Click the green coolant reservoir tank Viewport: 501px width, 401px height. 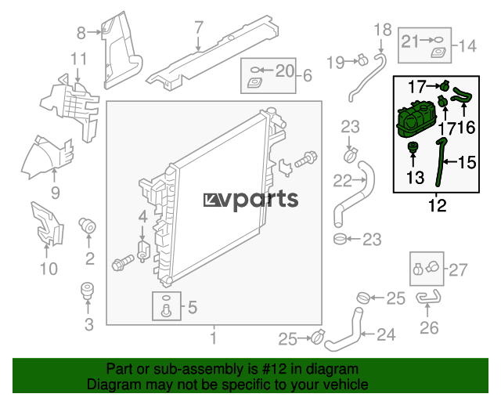pyautogui.click(x=416, y=119)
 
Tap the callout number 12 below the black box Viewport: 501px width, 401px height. pyautogui.click(x=437, y=205)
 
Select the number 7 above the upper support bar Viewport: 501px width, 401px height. pyautogui.click(x=199, y=27)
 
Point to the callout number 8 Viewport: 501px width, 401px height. pyautogui.click(x=81, y=33)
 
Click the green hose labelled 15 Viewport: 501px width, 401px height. pyautogui.click(x=440, y=162)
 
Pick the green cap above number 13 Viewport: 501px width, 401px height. pyautogui.click(x=413, y=148)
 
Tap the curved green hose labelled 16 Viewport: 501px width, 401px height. pyautogui.click(x=462, y=96)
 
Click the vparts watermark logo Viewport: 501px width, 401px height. pyautogui.click(x=250, y=200)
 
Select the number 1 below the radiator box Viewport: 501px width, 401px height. pyautogui.click(x=214, y=338)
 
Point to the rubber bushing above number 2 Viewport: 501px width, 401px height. pyautogui.click(x=87, y=226)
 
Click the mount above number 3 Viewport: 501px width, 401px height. pyautogui.click(x=87, y=291)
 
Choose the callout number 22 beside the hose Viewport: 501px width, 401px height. pyautogui.click(x=342, y=181)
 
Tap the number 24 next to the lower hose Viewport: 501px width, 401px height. pyautogui.click(x=386, y=334)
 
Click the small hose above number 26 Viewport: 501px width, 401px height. pyautogui.click(x=428, y=297)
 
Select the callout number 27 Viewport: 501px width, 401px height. pyautogui.click(x=458, y=270)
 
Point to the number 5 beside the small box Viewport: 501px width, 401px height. pyautogui.click(x=193, y=307)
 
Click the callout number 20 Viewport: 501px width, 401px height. pyautogui.click(x=284, y=70)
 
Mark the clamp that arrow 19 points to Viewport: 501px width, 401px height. pyautogui.click(x=362, y=60)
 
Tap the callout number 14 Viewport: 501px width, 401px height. pyautogui.click(x=467, y=46)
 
